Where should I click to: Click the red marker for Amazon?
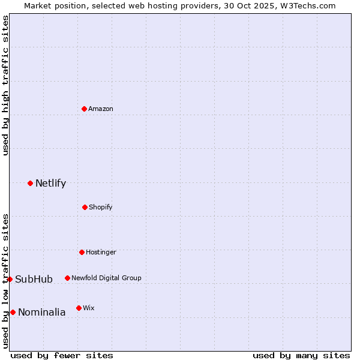coord(85,109)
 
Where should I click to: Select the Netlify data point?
coord(30,183)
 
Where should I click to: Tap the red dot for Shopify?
coord(85,207)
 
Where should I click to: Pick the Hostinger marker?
coord(82,252)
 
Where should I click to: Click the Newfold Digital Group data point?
coord(67,278)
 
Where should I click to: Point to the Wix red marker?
coord(79,308)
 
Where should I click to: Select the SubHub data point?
coord(10,279)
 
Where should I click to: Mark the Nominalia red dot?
coord(13,312)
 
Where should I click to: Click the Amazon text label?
coord(101,109)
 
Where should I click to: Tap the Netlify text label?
coord(50,183)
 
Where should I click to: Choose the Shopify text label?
coord(101,207)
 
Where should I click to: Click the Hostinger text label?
coord(101,252)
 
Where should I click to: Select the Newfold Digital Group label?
coord(106,278)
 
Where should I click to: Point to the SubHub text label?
coord(34,279)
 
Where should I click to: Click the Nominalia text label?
coord(41,312)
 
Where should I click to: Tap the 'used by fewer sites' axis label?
coord(62,355)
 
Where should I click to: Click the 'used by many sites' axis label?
coord(301,355)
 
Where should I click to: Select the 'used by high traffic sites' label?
coord(5,85)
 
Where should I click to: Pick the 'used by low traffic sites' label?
coord(5,281)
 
